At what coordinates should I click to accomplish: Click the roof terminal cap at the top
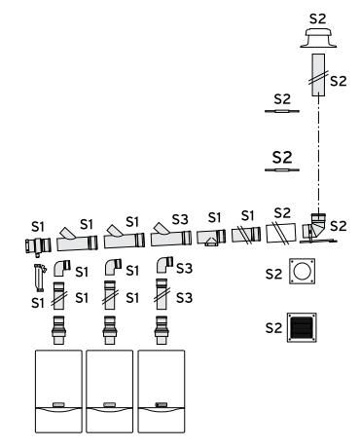[318, 38]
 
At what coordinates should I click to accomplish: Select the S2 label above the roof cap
[317, 19]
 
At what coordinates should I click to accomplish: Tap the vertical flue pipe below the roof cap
[318, 75]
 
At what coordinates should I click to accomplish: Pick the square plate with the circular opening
[302, 271]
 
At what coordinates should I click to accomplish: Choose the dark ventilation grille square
[302, 327]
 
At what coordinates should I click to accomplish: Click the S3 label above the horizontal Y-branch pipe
[180, 220]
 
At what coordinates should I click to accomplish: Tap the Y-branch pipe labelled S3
[170, 236]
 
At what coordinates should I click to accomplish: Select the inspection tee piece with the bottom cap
[211, 238]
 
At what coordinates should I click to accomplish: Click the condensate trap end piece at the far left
[38, 245]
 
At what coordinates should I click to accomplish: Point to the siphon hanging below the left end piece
[39, 278]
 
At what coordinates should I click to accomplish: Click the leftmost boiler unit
[58, 392]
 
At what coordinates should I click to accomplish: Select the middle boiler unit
[109, 392]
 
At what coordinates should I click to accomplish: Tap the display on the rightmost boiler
[161, 405]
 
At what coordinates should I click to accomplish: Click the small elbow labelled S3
[164, 265]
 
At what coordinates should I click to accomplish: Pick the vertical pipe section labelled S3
[162, 294]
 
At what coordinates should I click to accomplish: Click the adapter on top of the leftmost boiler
[59, 330]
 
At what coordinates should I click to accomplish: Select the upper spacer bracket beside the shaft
[282, 111]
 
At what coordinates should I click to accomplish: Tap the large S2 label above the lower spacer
[282, 158]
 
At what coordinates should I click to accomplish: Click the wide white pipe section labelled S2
[281, 233]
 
